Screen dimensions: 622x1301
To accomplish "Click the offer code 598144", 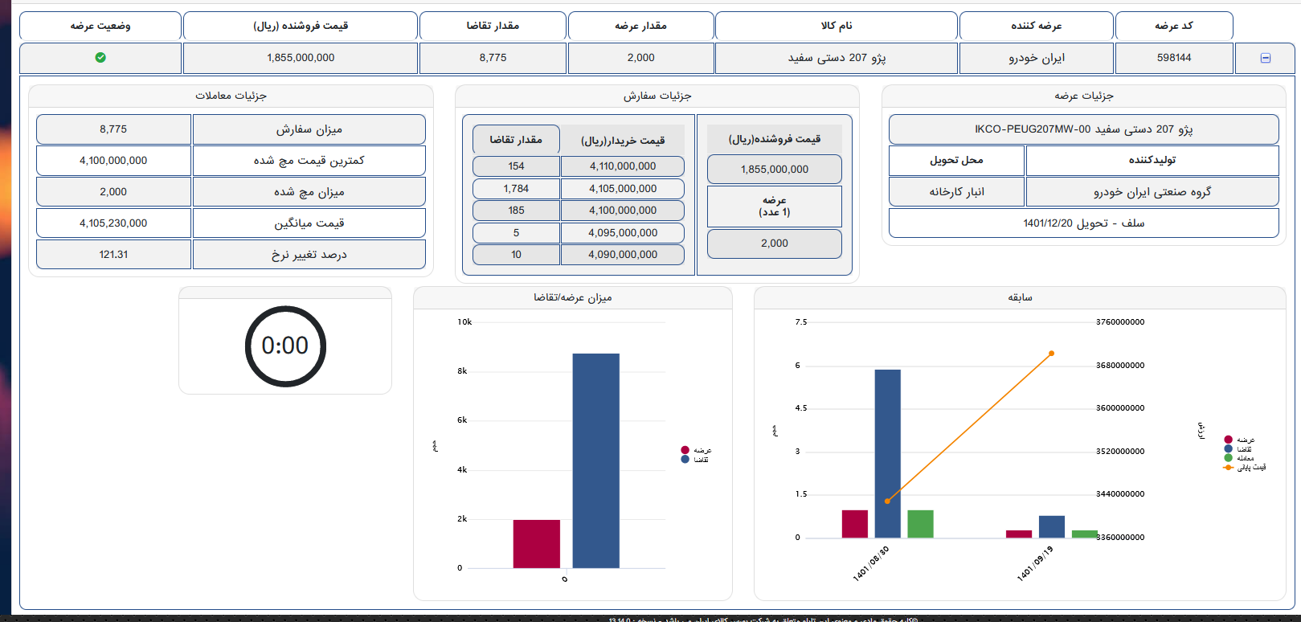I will point(1174,58).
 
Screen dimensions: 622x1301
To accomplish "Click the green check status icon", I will point(100,58).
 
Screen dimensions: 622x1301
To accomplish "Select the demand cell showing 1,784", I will point(516,189).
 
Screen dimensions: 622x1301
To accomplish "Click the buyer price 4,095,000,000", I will point(623,233).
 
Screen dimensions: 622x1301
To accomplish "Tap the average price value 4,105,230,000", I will point(113,223).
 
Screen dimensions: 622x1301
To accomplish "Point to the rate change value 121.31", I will point(113,255).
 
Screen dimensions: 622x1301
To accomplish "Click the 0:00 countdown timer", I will point(285,346).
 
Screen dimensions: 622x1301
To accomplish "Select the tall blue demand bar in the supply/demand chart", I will point(595,460).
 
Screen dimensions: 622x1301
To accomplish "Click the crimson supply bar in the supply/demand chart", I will point(536,544).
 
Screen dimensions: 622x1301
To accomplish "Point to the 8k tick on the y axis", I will point(462,371).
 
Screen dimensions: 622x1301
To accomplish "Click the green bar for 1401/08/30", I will point(920,524).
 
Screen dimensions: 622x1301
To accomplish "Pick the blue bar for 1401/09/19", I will point(1051,527).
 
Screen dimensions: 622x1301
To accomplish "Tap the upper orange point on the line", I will point(1051,354).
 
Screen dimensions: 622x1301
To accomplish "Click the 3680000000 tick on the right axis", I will point(1120,366).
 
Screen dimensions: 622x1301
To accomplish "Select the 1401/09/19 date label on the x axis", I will point(1035,563).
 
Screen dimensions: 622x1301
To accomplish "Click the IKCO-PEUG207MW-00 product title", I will point(1083,129).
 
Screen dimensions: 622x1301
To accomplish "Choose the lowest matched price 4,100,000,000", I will point(113,161).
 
